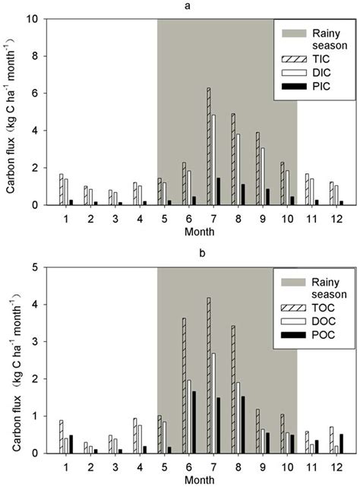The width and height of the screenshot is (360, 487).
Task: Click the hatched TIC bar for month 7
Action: tap(208, 147)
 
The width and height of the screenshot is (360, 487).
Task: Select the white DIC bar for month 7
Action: tap(213, 160)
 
